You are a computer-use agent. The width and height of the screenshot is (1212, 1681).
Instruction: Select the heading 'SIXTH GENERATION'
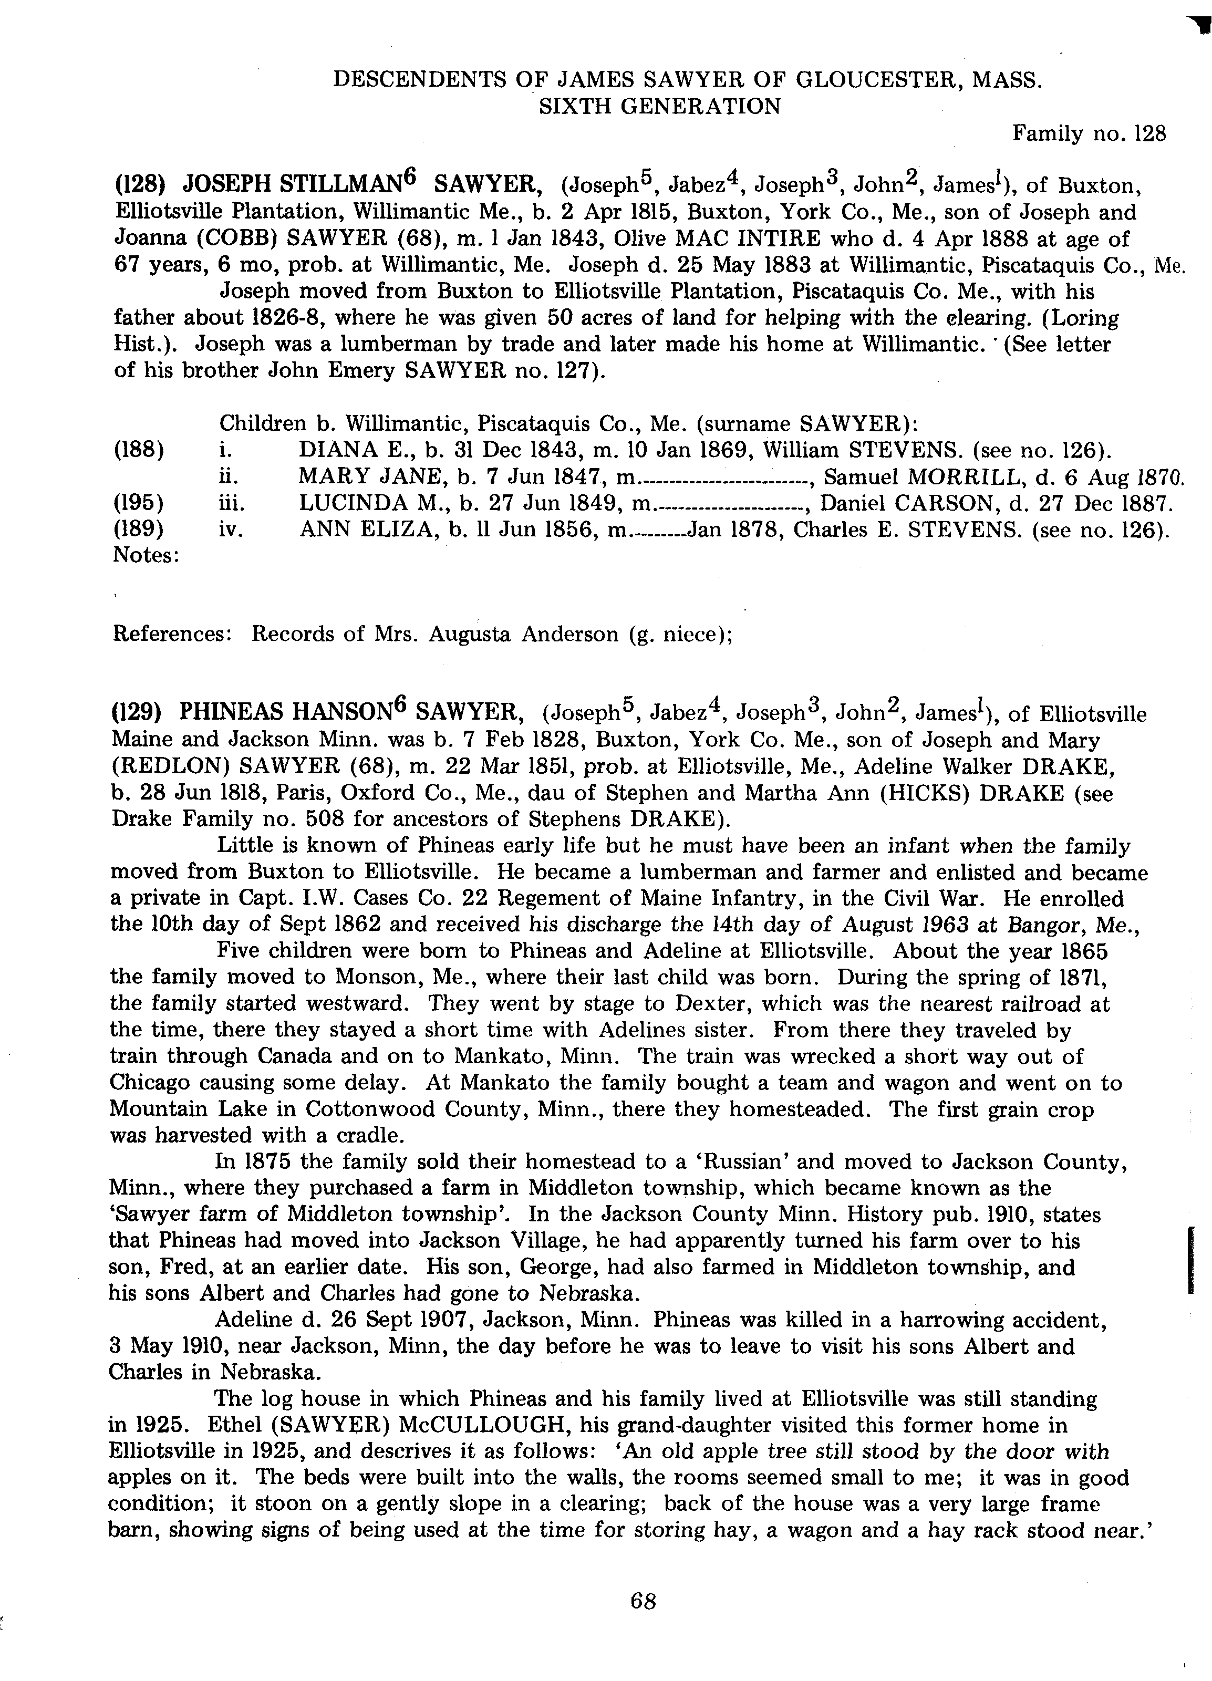pos(659,107)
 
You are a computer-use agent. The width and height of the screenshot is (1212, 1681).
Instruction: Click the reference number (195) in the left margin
pos(139,503)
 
